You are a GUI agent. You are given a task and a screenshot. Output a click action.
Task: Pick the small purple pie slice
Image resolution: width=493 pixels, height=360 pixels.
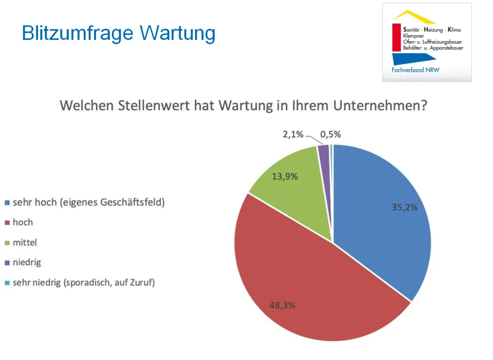[x=325, y=156]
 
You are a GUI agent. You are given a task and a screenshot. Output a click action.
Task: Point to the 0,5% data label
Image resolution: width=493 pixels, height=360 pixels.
[x=331, y=135]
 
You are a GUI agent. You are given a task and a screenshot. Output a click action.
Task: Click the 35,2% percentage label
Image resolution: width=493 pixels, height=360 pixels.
[x=404, y=207]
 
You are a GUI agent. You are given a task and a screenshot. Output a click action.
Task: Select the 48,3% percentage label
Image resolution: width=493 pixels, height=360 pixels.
[x=283, y=306]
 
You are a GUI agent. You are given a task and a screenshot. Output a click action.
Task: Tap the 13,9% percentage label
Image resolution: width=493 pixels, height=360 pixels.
[x=285, y=177]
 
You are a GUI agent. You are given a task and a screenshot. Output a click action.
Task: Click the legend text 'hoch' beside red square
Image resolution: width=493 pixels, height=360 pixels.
[x=23, y=222]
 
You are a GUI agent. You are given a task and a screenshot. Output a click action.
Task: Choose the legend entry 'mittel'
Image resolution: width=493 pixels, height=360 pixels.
[x=25, y=243]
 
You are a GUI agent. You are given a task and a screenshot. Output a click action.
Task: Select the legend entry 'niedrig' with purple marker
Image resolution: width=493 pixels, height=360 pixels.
[x=27, y=262]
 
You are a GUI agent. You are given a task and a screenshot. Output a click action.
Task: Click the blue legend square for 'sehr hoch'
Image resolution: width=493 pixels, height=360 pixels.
[x=7, y=203]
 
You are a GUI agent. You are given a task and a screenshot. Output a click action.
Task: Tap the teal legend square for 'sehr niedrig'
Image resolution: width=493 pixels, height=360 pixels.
[x=7, y=283]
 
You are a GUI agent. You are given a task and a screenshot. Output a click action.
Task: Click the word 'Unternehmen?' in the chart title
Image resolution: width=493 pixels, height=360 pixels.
[x=380, y=105]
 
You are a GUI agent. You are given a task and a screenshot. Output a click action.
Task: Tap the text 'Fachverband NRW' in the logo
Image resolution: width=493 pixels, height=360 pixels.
[x=415, y=70]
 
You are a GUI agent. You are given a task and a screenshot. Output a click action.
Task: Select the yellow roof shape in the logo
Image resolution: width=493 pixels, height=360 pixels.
[x=414, y=16]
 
